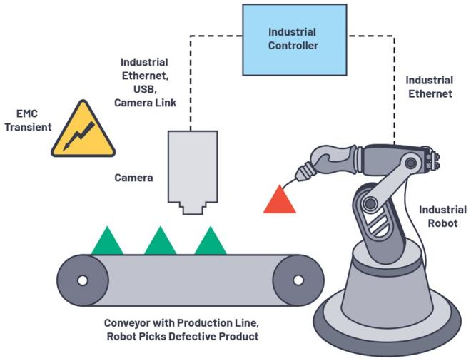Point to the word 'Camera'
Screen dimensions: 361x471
click(133, 178)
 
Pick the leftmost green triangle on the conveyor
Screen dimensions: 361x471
click(108, 243)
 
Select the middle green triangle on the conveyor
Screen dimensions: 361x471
click(160, 243)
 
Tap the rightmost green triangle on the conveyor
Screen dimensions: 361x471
click(211, 243)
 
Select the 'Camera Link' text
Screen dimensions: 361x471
click(145, 103)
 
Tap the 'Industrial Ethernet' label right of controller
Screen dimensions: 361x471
click(428, 86)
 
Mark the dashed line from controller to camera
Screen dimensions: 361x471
click(191, 78)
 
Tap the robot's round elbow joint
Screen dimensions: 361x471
click(370, 204)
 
